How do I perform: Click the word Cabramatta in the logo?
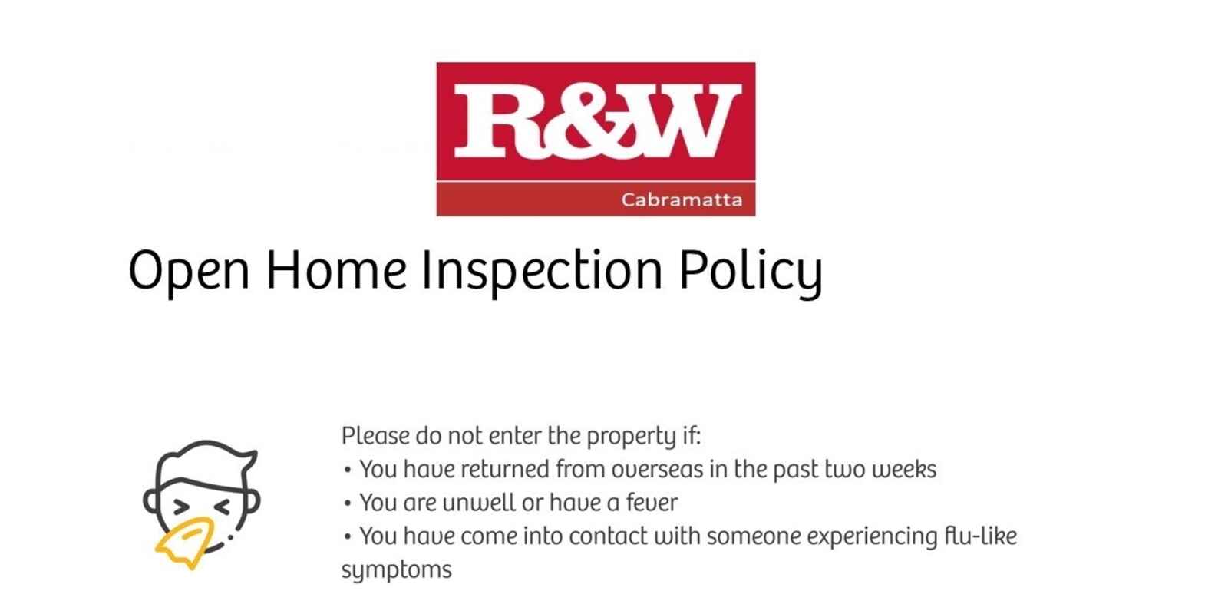(x=682, y=200)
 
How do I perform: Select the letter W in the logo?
(x=685, y=120)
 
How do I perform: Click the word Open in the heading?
(x=189, y=272)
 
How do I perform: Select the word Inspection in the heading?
(x=542, y=272)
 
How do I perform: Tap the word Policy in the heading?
(x=751, y=272)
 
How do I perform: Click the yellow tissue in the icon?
(x=185, y=543)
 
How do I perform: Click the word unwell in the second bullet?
(x=479, y=503)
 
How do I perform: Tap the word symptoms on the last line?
(x=396, y=571)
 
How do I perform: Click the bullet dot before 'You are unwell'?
(x=347, y=503)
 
